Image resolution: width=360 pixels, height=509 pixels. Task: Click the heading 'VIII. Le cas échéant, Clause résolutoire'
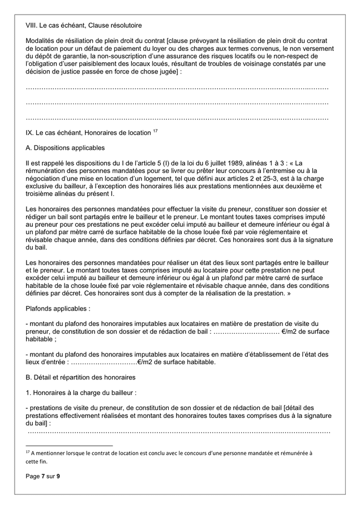click(x=84, y=26)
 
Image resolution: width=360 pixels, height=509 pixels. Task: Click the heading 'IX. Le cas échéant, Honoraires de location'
click(x=88, y=133)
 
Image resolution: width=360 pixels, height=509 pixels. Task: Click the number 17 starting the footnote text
click(x=28, y=452)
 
